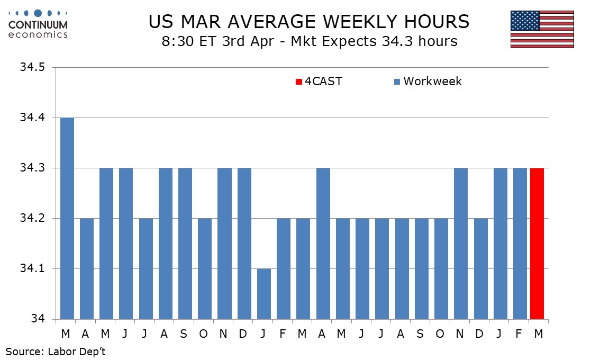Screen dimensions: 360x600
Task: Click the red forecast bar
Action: point(537,244)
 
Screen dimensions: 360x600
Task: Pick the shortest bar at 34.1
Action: point(264,294)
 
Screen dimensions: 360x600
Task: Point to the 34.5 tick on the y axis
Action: point(33,68)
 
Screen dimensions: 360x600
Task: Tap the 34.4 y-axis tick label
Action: point(33,118)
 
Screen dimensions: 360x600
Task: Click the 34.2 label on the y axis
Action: point(33,219)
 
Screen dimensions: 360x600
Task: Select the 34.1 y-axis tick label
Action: point(33,269)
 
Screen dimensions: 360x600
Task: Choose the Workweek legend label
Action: point(432,82)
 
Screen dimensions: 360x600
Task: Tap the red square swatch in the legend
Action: point(298,82)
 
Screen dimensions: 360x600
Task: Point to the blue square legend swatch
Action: point(397,82)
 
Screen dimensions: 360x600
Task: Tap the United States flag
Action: point(542,29)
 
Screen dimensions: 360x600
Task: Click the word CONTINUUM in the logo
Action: point(38,24)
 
